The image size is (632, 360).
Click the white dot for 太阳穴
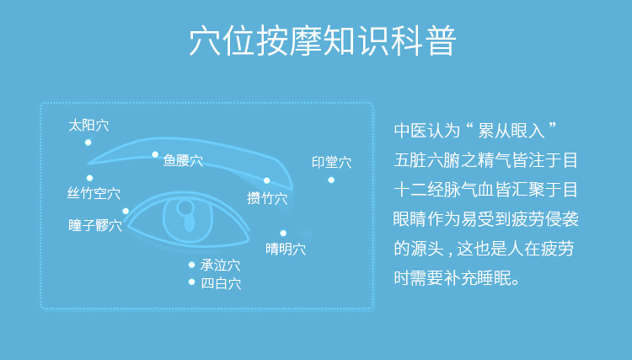coord(88,142)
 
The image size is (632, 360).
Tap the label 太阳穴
coord(88,126)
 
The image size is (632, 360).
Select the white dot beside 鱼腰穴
coord(155,154)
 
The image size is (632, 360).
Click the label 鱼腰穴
coord(183,160)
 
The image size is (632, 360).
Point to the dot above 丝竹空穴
coord(89,178)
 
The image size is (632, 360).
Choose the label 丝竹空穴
coord(94,193)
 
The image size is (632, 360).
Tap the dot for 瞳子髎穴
coord(126,211)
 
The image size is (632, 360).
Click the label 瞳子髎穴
coord(95,225)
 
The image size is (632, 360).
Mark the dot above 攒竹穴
coord(267,180)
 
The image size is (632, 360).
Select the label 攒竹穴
coord(267,198)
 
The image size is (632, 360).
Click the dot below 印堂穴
coord(331,180)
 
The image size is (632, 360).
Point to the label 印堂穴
coord(332,162)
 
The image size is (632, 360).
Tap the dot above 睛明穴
coord(283,233)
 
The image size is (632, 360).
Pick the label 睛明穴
coord(286,249)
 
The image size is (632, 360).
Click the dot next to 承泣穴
coord(191,265)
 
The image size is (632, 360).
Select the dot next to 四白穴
coord(191,282)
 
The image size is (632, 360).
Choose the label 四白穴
coord(221,283)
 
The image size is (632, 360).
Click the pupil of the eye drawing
coord(189,222)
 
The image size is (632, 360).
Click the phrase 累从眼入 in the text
coord(511,131)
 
